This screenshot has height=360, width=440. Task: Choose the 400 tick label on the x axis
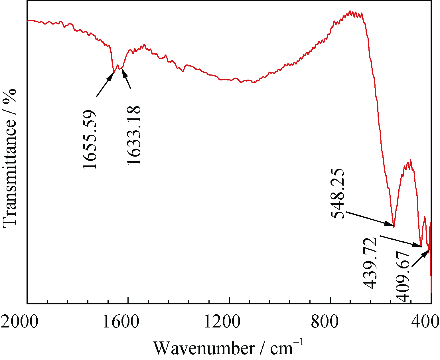tap(425, 322)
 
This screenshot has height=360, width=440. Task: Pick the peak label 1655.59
tap(90, 139)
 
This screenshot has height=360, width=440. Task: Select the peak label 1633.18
tap(134, 135)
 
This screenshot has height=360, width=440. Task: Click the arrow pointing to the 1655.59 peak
tap(105, 84)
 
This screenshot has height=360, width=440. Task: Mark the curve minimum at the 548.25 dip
tap(394, 226)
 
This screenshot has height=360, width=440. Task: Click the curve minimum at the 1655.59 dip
tap(114, 72)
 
